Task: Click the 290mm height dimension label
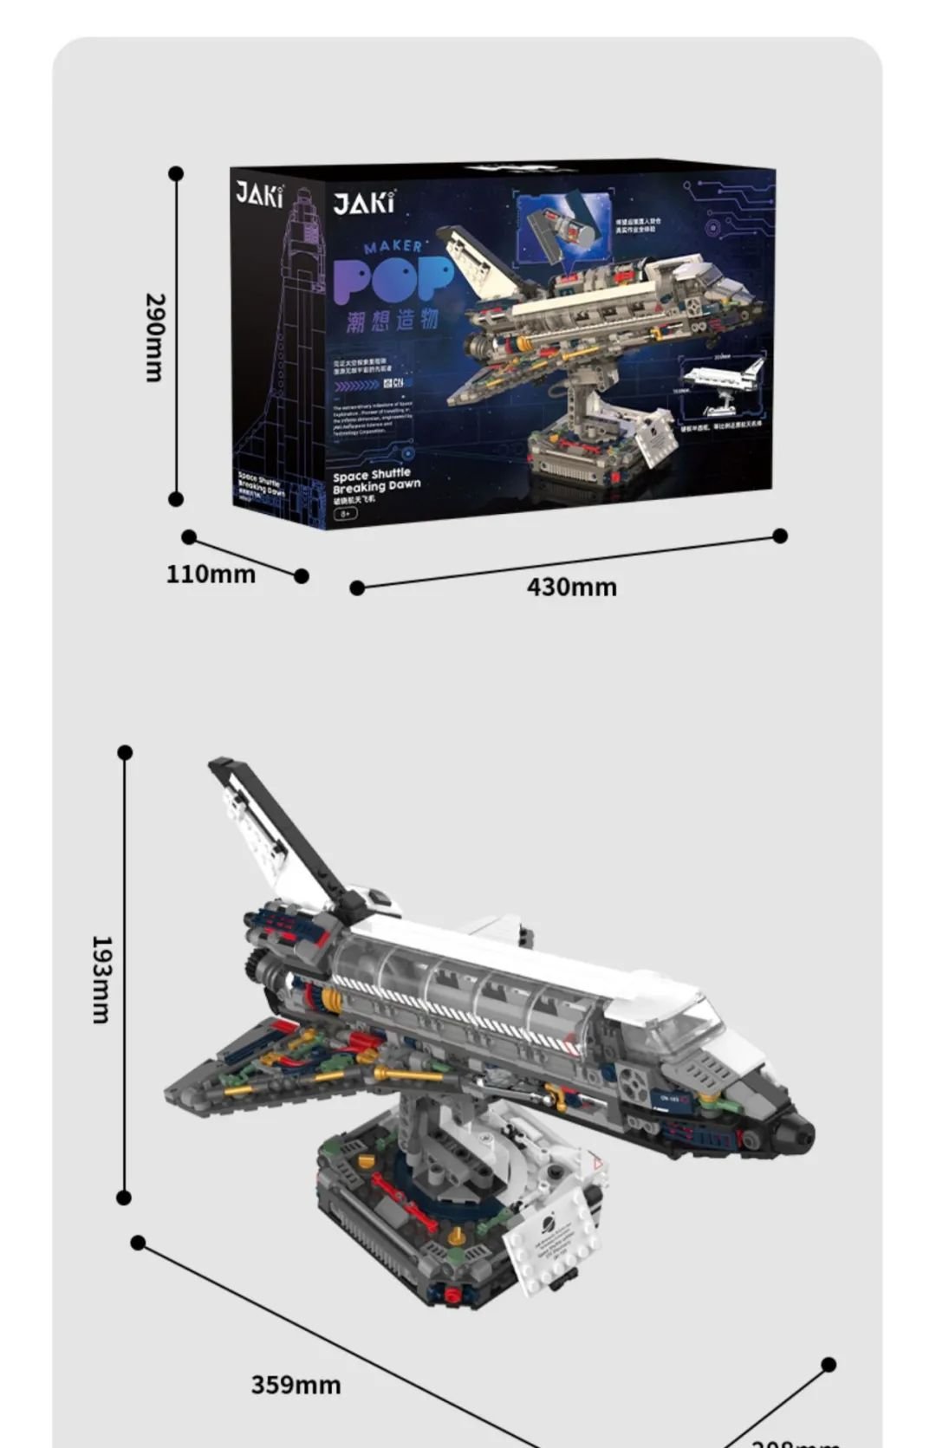pyautogui.click(x=153, y=337)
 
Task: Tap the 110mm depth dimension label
pyautogui.click(x=211, y=575)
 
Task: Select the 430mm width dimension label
pyautogui.click(x=572, y=588)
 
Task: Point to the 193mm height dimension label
pyautogui.click(x=101, y=979)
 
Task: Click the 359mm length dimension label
pyautogui.click(x=296, y=1385)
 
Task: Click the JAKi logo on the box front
pyautogui.click(x=364, y=203)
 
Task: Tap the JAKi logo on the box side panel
pyautogui.click(x=259, y=194)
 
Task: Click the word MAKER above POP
pyautogui.click(x=393, y=247)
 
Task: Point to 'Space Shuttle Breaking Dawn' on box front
pyautogui.click(x=376, y=481)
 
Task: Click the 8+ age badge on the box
pyautogui.click(x=345, y=513)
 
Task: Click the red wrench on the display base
pyautogui.click(x=404, y=1200)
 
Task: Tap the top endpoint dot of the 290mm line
pyautogui.click(x=176, y=173)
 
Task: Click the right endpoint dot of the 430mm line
pyautogui.click(x=780, y=536)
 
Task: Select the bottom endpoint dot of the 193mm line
pyautogui.click(x=124, y=1198)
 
